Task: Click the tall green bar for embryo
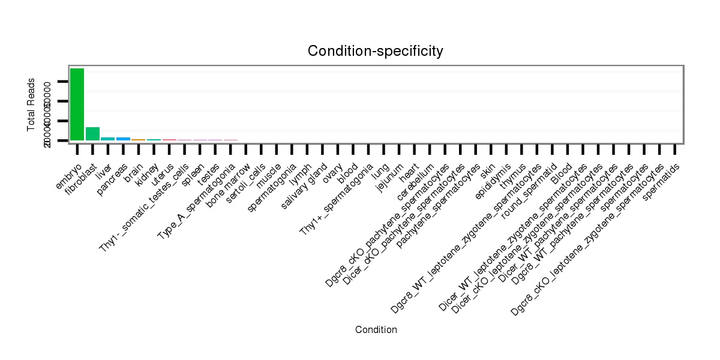coord(77,104)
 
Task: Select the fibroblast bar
coord(92,134)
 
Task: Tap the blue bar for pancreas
coord(123,139)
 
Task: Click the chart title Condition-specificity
coord(375,52)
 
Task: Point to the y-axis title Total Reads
coord(31,105)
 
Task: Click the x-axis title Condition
coord(376,330)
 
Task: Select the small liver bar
coord(108,139)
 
